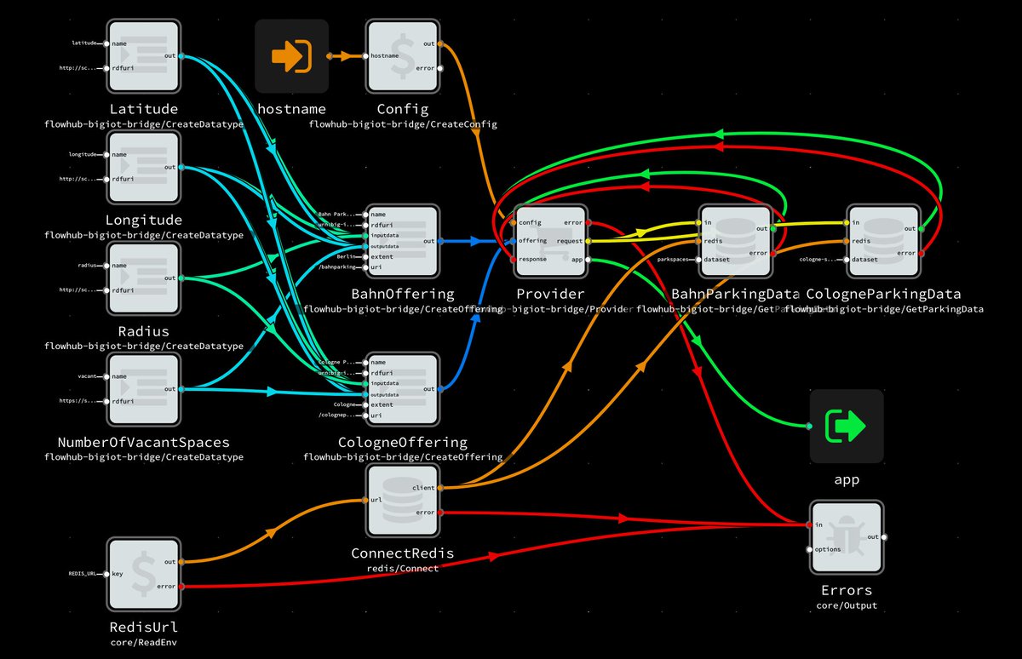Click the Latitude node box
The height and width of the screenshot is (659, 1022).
tap(143, 56)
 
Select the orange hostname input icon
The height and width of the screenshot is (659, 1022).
tap(291, 56)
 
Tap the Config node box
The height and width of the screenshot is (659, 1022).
tap(402, 56)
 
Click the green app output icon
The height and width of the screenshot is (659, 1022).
tap(847, 426)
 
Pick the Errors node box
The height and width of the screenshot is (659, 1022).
tap(847, 537)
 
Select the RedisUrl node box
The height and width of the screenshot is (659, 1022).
tap(143, 574)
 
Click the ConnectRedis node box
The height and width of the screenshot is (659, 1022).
tap(402, 501)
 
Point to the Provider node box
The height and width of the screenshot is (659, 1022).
tap(550, 241)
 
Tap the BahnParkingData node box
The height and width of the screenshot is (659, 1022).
tap(736, 241)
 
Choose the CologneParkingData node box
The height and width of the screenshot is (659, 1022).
tap(884, 241)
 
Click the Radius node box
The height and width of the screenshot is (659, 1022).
tap(143, 278)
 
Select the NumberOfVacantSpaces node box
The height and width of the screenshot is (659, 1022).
tap(143, 389)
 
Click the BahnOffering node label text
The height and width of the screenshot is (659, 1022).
tap(402, 295)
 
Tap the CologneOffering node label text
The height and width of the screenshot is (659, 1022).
tap(402, 443)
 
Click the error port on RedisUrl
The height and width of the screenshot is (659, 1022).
tap(181, 587)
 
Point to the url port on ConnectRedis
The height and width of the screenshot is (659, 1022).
tap(365, 501)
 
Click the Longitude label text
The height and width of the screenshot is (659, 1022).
tap(143, 221)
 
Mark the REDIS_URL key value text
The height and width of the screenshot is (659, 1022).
tap(86, 574)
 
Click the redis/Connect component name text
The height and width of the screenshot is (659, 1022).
tap(402, 568)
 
